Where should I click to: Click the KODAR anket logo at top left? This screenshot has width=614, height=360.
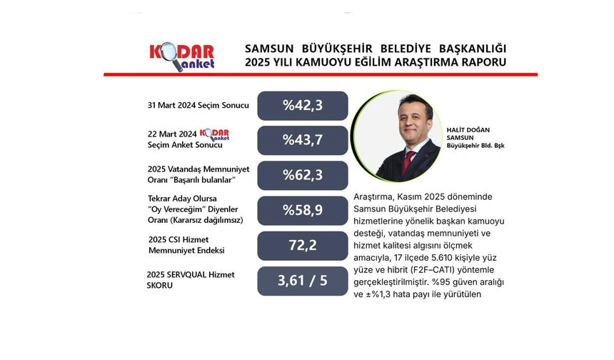pos(181,56)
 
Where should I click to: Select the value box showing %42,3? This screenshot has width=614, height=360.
pos(302,106)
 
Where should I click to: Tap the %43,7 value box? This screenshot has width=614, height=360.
pos(302,140)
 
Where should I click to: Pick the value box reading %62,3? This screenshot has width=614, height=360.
pos(302,175)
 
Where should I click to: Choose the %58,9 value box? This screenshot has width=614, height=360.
pos(302,210)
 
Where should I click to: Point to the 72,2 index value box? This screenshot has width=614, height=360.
pos(302,245)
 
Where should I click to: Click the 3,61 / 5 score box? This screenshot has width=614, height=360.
pos(302,281)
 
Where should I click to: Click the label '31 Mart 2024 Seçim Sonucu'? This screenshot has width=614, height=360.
pos(198,106)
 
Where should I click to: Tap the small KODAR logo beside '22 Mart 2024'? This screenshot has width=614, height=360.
pos(213,134)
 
